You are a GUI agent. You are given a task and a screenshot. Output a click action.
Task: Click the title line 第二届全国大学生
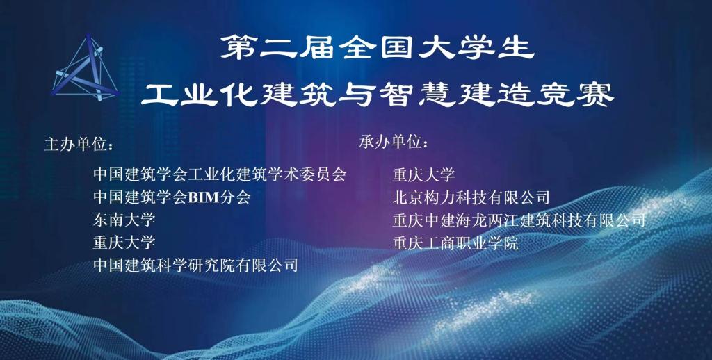(377, 48)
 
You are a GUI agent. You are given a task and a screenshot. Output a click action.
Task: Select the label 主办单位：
(79, 145)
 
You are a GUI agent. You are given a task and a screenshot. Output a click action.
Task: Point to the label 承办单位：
(394, 142)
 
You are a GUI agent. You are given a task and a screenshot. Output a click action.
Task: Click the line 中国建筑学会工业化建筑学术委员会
(220, 174)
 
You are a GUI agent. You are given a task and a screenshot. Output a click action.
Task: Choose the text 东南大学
(124, 220)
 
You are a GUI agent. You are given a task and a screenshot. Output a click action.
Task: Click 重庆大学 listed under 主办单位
(124, 242)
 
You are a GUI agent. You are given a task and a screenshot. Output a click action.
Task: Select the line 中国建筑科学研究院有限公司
(195, 265)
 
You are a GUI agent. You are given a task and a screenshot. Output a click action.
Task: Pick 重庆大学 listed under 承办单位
(423, 174)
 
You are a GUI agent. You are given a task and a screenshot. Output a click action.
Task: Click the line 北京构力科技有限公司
(471, 197)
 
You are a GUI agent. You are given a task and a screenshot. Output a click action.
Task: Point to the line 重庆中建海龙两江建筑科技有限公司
(519, 220)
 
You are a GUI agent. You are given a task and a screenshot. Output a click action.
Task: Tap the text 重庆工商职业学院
(455, 243)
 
